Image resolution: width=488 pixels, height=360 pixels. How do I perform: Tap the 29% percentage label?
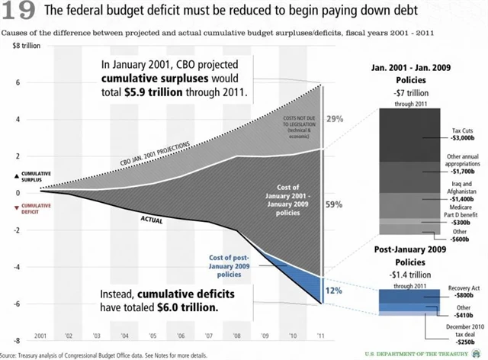(355, 120)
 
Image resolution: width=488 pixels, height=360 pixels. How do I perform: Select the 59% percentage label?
(355, 204)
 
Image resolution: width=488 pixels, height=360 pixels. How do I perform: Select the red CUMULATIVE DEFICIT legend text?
(37, 208)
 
